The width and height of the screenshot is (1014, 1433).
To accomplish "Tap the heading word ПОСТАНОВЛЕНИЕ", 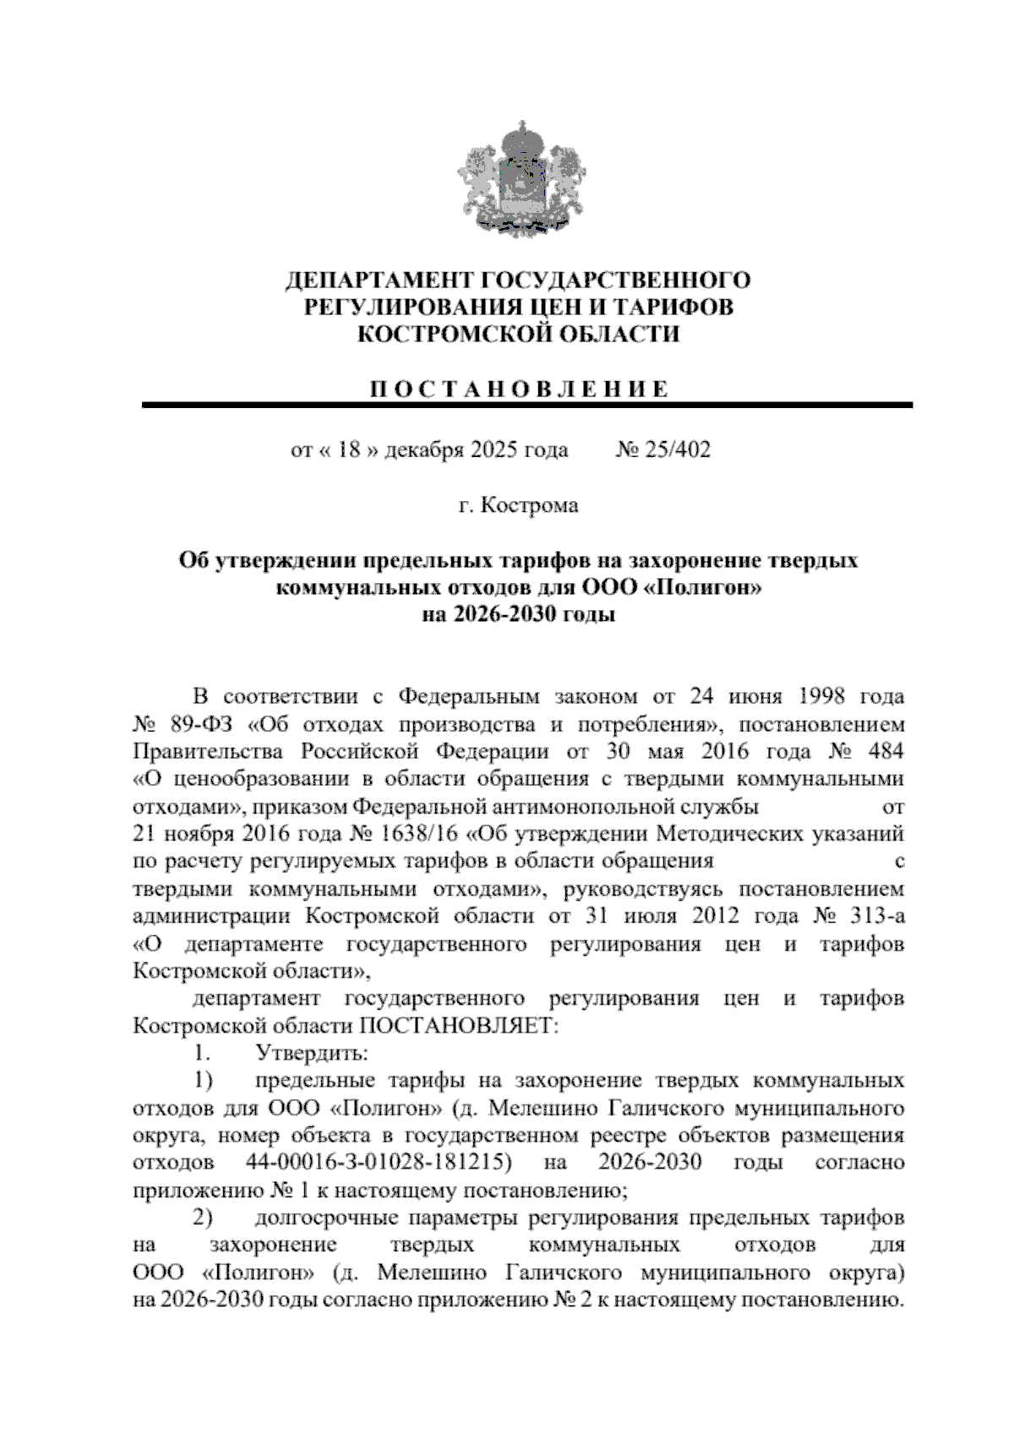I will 519,390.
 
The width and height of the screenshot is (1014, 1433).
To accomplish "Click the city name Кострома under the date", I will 529,506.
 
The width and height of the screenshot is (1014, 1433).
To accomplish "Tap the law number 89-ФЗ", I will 200,725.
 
